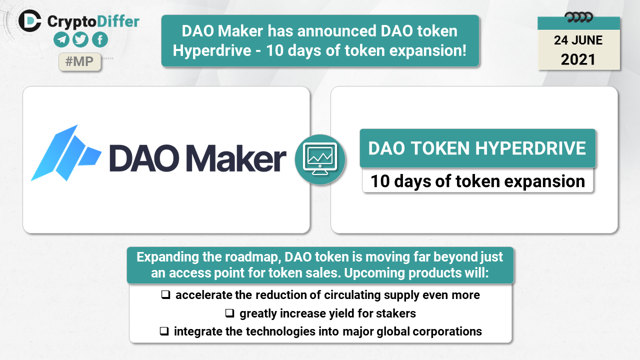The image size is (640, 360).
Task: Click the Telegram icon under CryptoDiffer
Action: (61, 39)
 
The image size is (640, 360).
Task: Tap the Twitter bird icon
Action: (80, 39)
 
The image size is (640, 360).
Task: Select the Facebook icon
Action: (100, 39)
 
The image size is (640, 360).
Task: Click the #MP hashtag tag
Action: (79, 61)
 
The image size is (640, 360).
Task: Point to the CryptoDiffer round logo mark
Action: (29, 20)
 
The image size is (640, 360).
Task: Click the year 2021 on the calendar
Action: (578, 59)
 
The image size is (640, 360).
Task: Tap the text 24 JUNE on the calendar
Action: (578, 40)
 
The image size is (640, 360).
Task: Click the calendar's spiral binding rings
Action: (579, 17)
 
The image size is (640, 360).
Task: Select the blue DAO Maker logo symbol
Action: (66, 153)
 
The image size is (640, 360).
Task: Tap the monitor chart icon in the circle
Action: (320, 159)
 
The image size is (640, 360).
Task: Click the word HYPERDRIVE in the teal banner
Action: (530, 148)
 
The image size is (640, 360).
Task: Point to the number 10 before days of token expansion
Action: (380, 181)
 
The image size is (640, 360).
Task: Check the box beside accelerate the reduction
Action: (165, 294)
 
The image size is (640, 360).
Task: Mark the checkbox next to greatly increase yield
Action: (229, 313)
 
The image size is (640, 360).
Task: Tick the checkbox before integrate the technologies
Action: (164, 331)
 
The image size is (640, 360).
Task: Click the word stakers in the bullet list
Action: (395, 313)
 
